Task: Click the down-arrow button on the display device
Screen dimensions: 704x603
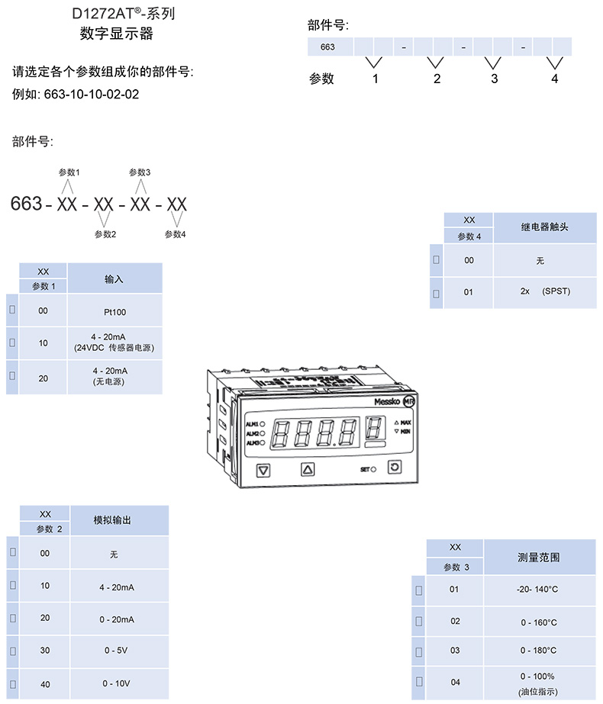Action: [x=264, y=470]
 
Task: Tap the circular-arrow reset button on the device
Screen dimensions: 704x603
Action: [x=394, y=468]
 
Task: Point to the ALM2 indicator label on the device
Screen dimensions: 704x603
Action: [x=252, y=433]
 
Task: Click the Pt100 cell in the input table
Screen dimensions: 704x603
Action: [x=114, y=312]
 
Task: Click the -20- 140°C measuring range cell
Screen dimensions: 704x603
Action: [x=538, y=589]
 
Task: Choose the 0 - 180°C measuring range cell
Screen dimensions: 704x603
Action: [x=538, y=650]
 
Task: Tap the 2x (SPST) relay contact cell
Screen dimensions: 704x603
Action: [x=545, y=291]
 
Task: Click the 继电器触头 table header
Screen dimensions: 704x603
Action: [x=544, y=227]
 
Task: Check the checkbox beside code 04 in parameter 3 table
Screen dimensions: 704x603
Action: [x=418, y=682]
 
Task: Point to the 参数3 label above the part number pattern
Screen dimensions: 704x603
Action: [x=140, y=172]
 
